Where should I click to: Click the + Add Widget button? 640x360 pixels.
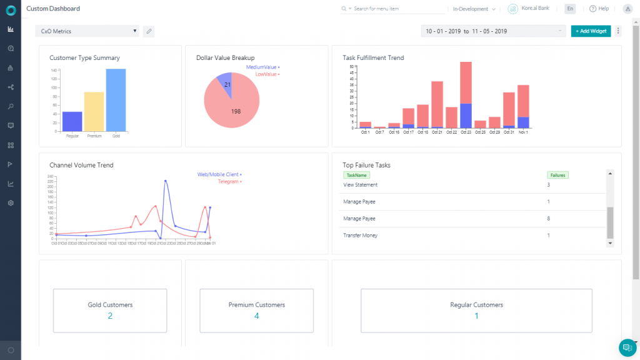pyautogui.click(x=591, y=31)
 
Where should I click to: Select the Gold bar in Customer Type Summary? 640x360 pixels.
pyautogui.click(x=116, y=100)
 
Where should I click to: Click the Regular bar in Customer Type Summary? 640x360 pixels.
pyautogui.click(x=72, y=121)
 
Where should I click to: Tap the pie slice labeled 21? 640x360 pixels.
pyautogui.click(x=226, y=84)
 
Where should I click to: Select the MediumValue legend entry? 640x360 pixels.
pyautogui.click(x=262, y=66)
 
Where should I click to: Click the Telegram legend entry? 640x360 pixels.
pyautogui.click(x=229, y=182)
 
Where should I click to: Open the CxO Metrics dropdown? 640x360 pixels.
pyautogui.click(x=87, y=31)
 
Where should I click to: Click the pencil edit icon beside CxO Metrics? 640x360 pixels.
pyautogui.click(x=148, y=31)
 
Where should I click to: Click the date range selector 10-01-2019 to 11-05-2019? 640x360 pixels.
pyautogui.click(x=493, y=31)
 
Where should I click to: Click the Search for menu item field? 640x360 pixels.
pyautogui.click(x=394, y=9)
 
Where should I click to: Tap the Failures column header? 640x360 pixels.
pyautogui.click(x=557, y=176)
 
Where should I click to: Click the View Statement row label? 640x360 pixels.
pyautogui.click(x=361, y=185)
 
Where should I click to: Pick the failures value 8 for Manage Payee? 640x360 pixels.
pyautogui.click(x=548, y=219)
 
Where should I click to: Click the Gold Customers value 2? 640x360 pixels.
pyautogui.click(x=110, y=316)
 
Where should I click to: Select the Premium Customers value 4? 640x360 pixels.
pyautogui.click(x=256, y=316)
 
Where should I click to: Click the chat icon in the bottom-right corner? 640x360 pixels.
pyautogui.click(x=626, y=347)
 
